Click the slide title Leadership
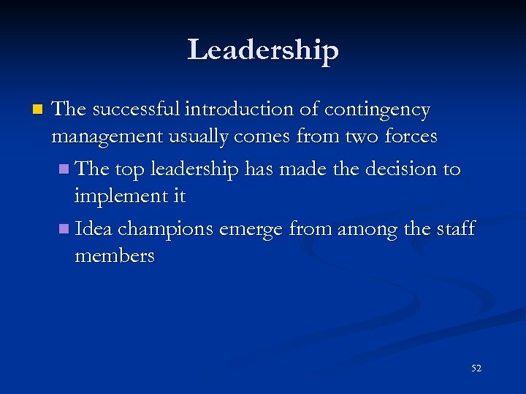pos(263,50)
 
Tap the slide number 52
pos(476,368)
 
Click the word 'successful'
pos(135,110)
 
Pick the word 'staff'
pos(454,229)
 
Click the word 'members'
pos(114,256)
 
